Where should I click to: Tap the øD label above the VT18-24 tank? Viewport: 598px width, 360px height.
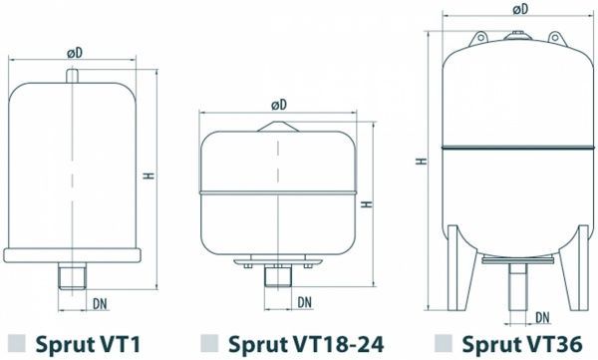pos(278,104)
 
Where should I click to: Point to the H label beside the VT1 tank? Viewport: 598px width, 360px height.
pos(148,176)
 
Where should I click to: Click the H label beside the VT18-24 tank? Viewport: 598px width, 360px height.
pos(366,203)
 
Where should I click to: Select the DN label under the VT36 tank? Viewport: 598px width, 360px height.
pos(542,319)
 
